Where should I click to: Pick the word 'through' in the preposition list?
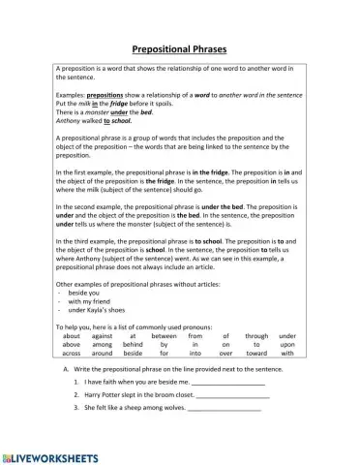click(x=256, y=335)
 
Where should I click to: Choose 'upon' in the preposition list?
click(x=287, y=344)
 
